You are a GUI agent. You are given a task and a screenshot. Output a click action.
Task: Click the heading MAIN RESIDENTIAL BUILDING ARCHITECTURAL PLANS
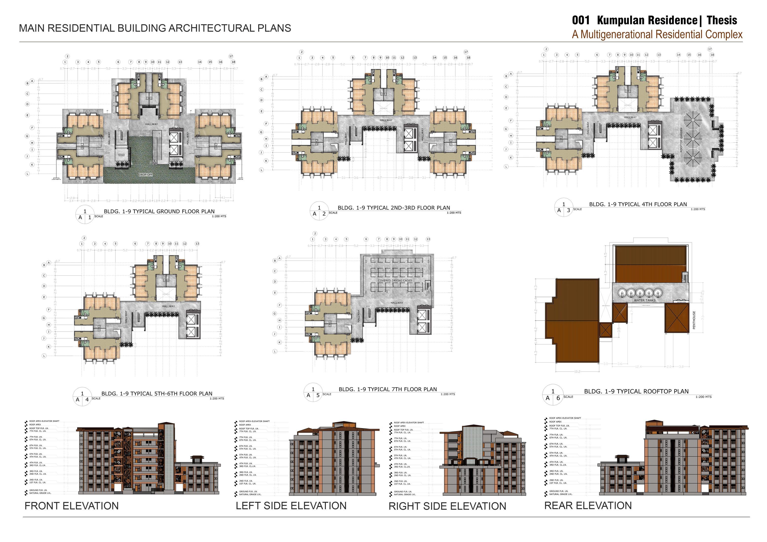155,28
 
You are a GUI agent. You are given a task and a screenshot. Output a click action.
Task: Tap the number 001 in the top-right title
581,20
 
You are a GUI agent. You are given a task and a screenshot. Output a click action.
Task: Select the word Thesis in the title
722,20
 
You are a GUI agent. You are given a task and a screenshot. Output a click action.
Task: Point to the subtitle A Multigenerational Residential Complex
657,35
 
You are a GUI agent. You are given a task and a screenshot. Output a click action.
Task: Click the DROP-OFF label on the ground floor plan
146,175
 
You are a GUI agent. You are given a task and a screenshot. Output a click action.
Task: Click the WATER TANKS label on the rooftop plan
644,300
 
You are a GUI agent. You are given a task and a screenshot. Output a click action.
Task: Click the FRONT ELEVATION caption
71,506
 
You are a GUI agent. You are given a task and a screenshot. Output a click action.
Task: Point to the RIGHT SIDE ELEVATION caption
447,506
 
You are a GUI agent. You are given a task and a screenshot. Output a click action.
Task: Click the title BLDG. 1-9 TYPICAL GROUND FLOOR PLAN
159,211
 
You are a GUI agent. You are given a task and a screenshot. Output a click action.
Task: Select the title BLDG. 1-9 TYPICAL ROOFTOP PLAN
636,391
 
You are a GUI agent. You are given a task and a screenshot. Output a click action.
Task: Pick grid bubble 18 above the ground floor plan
233,62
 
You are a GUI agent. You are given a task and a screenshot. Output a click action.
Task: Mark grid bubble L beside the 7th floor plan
275,351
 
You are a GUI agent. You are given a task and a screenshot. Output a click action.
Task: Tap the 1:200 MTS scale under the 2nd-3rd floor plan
454,213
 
